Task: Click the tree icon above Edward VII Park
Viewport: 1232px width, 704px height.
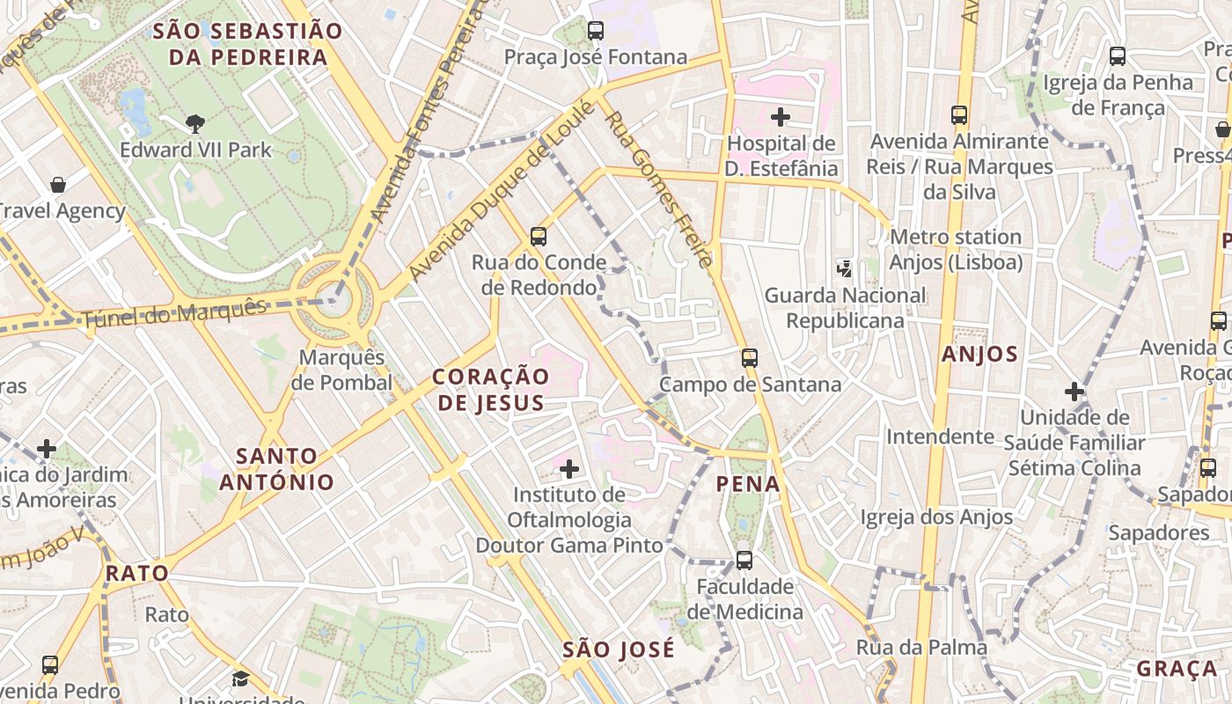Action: (195, 124)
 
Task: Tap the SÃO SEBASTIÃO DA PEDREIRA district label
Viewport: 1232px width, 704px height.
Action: (247, 45)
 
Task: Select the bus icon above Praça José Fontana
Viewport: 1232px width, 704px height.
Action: (596, 31)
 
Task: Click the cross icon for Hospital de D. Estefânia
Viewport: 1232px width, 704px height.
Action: (780, 116)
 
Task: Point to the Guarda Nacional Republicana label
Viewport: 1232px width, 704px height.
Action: (845, 308)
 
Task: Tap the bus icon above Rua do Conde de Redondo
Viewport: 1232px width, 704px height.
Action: (539, 236)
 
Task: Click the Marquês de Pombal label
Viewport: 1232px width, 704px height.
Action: (341, 370)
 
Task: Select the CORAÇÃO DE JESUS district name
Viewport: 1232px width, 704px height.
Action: (491, 390)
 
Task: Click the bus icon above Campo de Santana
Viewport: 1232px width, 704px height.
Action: (750, 358)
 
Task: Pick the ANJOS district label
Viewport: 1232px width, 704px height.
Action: (979, 355)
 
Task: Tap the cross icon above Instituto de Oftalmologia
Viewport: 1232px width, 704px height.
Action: (569, 468)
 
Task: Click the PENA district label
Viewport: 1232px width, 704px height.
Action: (748, 484)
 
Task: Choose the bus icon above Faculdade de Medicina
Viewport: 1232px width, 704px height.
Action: (744, 560)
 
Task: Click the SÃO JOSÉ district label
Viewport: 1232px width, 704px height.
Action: (619, 650)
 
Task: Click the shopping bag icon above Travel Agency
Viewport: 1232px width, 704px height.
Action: (58, 185)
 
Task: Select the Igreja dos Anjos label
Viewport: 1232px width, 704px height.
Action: (936, 517)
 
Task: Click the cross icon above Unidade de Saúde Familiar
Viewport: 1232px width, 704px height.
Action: (1074, 391)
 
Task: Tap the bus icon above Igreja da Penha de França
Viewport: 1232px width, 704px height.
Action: (1118, 56)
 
